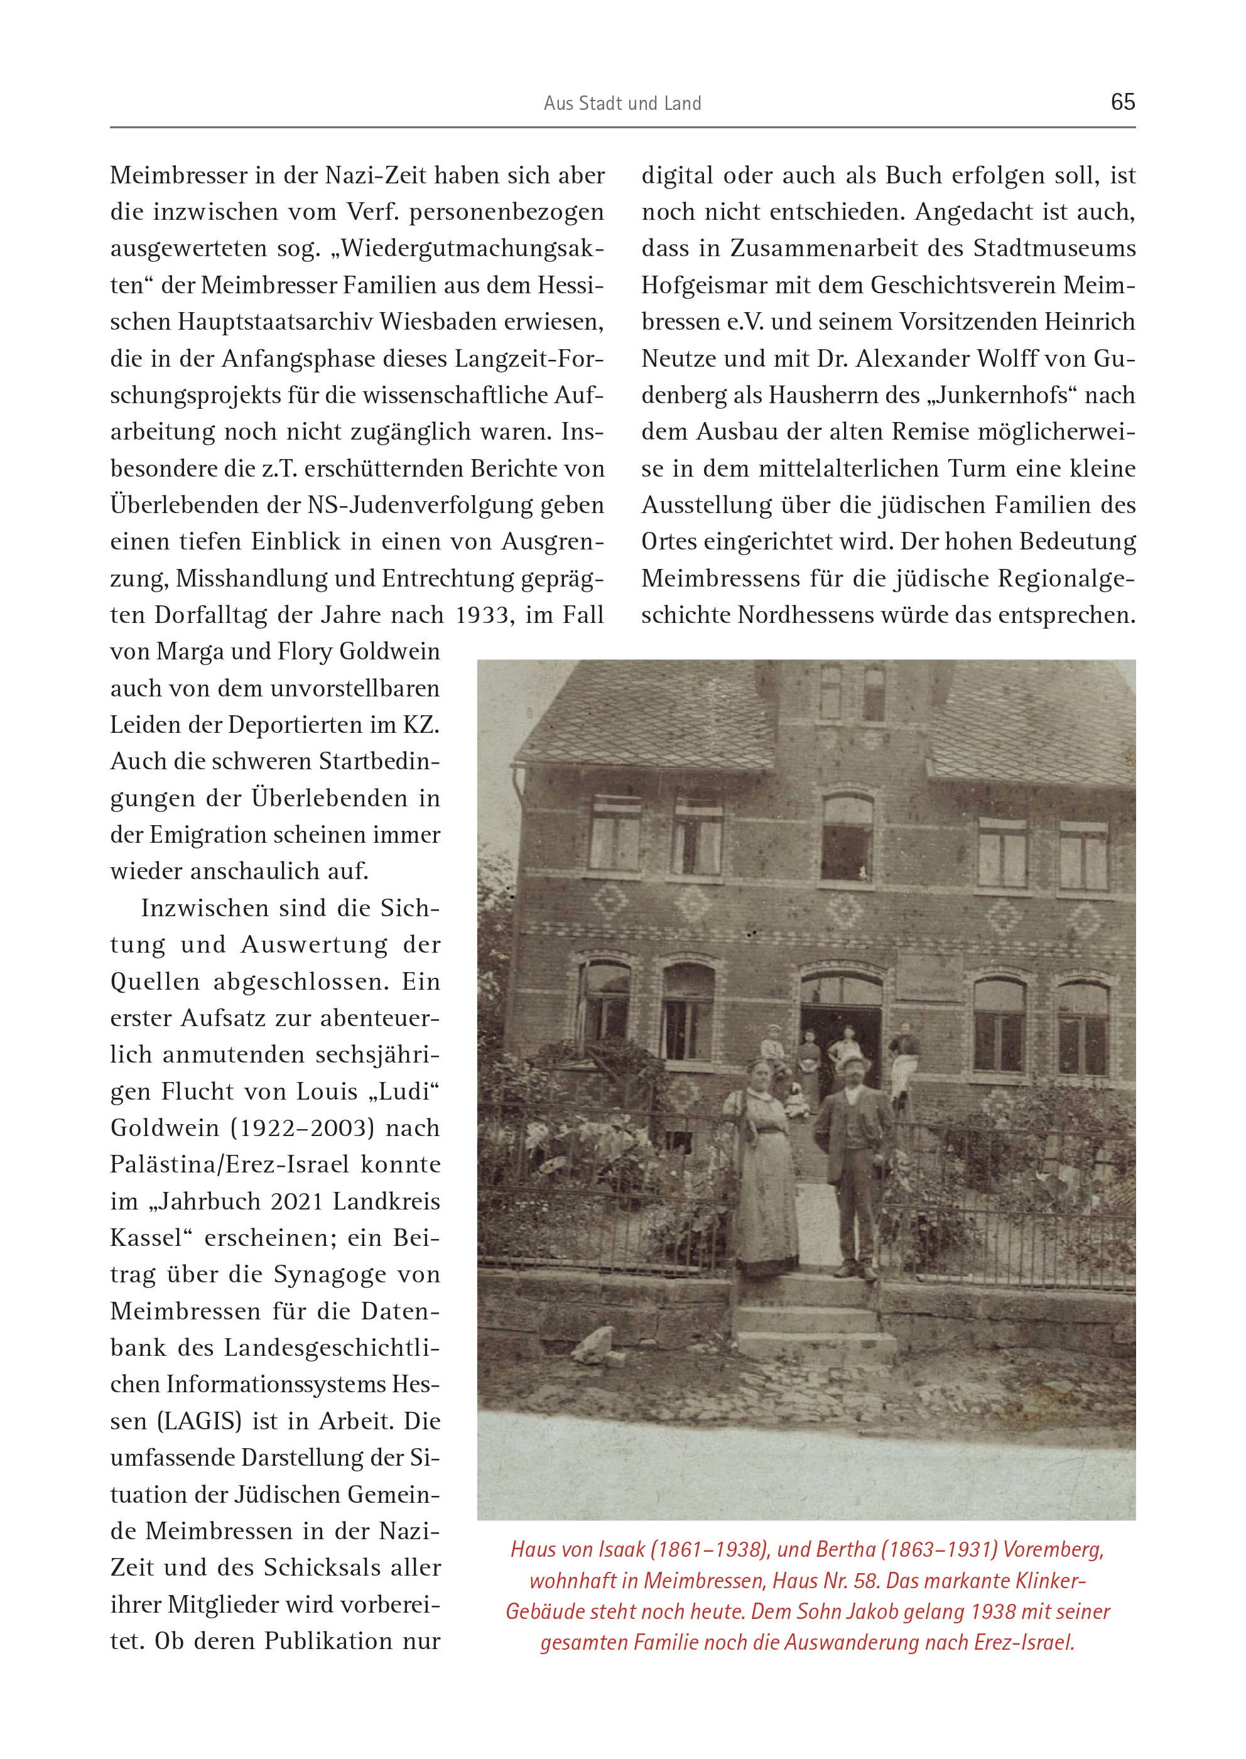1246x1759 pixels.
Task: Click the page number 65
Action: [1122, 102]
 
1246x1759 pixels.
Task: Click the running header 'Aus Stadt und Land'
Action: [622, 104]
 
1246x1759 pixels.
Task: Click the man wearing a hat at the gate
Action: [853, 1162]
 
